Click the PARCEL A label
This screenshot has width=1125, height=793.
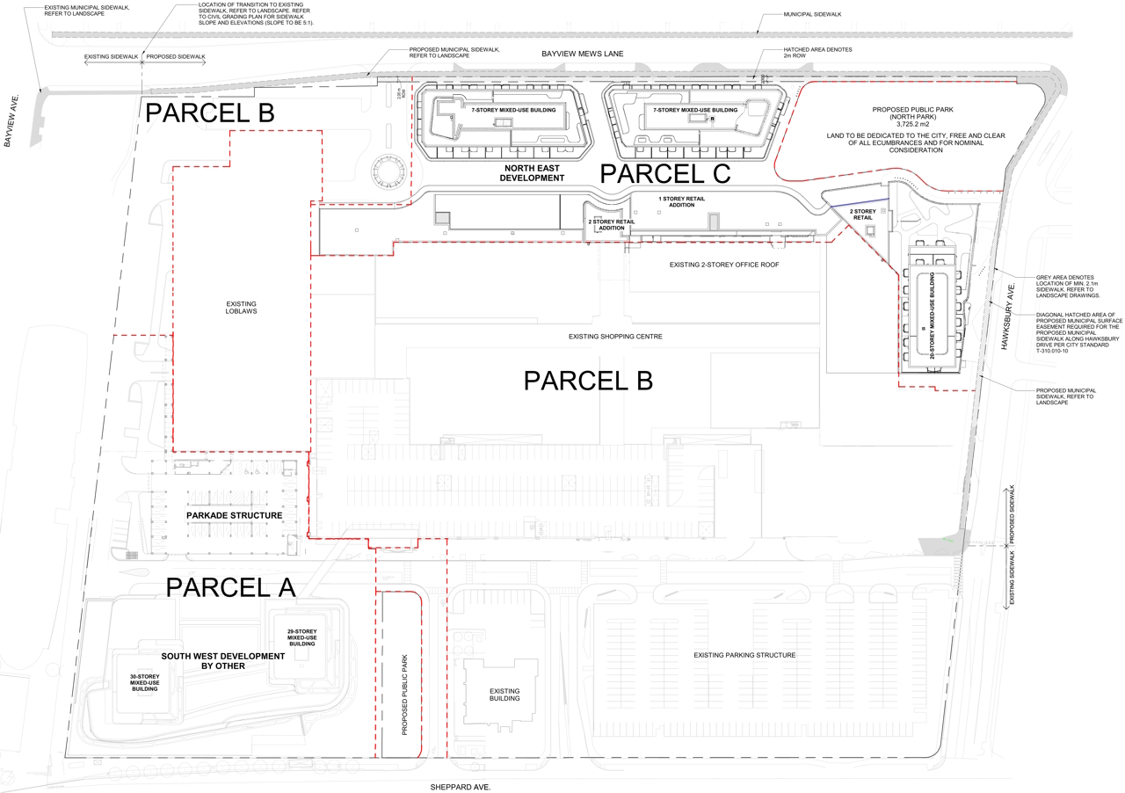pyautogui.click(x=230, y=586)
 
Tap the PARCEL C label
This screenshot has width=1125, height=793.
pyautogui.click(x=665, y=174)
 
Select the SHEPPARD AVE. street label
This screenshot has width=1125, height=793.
pyautogui.click(x=460, y=788)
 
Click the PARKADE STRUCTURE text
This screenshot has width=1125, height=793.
pyautogui.click(x=234, y=515)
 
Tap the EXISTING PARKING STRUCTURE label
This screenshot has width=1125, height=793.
pyautogui.click(x=744, y=655)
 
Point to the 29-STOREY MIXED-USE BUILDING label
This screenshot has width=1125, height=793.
pyautogui.click(x=301, y=637)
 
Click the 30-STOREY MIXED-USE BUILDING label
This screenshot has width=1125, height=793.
pyautogui.click(x=144, y=682)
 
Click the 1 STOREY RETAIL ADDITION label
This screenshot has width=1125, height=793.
pyautogui.click(x=681, y=202)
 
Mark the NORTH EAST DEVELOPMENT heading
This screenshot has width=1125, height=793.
pyautogui.click(x=532, y=172)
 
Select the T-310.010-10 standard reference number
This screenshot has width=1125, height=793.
pyautogui.click(x=1041, y=352)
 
